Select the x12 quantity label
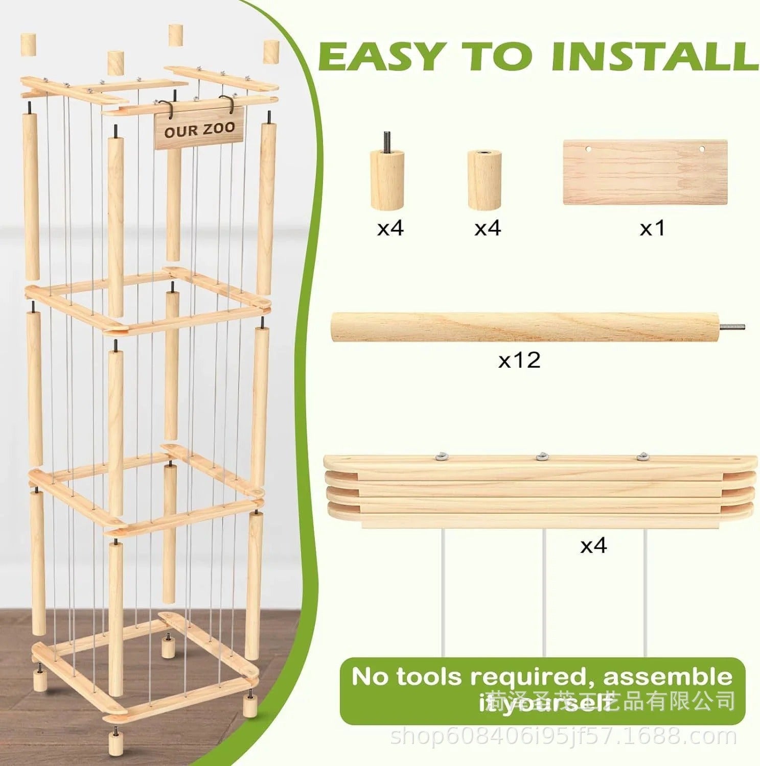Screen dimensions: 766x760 (x=519, y=361)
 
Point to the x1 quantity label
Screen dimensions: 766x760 (x=653, y=228)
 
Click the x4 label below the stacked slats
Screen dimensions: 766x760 (x=593, y=546)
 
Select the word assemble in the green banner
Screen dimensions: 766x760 (x=667, y=677)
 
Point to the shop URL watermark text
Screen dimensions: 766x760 (x=562, y=737)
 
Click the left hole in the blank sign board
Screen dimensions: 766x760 (x=588, y=150)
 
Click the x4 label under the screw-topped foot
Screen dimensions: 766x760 (x=390, y=228)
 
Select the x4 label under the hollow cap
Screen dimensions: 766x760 (x=488, y=228)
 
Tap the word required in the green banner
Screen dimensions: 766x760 (x=533, y=677)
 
